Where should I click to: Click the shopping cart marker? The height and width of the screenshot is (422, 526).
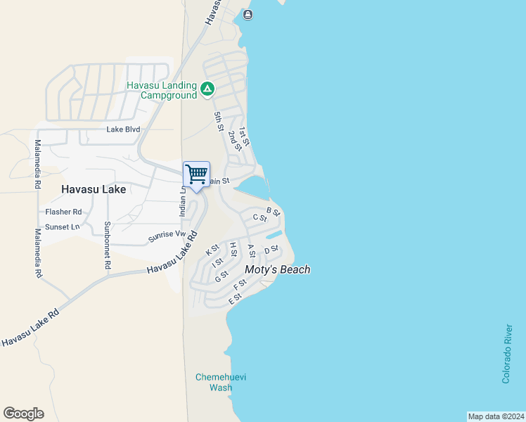[196, 174]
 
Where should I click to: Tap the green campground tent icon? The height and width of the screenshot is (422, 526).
[207, 89]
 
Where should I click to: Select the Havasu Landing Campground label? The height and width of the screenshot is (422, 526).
[161, 90]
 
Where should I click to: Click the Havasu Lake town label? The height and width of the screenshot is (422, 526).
[94, 189]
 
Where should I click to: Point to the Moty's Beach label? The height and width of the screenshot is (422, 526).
[277, 269]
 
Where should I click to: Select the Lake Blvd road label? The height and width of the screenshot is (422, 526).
[123, 129]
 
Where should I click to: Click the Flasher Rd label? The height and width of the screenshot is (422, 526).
[63, 212]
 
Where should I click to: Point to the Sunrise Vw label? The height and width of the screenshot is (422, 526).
[167, 237]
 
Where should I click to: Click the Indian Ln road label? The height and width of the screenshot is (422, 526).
[182, 200]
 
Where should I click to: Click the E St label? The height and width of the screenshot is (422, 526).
[235, 300]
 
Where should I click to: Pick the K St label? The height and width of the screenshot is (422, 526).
[212, 250]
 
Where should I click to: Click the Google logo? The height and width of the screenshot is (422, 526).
[23, 414]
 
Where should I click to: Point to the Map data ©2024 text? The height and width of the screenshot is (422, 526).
[496, 416]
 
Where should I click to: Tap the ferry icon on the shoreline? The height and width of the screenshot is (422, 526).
[248, 14]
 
